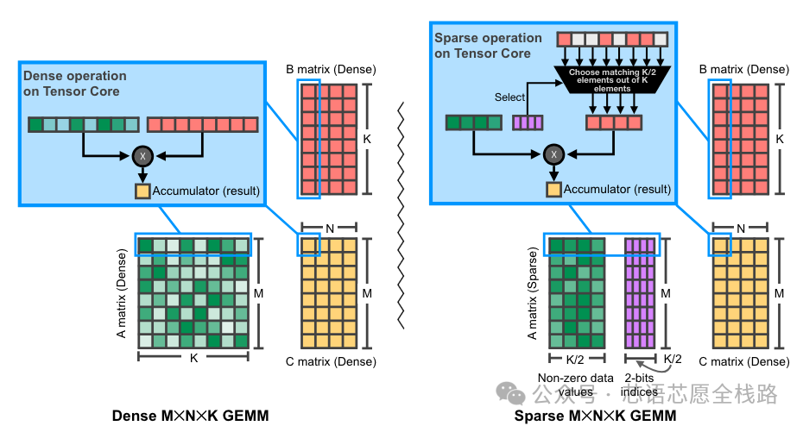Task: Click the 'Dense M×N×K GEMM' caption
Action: click(190, 416)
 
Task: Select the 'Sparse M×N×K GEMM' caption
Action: click(595, 416)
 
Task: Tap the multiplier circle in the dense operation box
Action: click(142, 156)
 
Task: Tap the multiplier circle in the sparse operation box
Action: click(553, 155)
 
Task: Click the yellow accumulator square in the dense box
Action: click(142, 191)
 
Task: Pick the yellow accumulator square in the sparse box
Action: click(553, 190)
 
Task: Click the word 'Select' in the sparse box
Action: click(509, 97)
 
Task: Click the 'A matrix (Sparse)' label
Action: click(531, 293)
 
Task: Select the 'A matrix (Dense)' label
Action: click(121, 293)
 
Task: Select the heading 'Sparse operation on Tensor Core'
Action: click(488, 46)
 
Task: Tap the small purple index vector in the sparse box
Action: click(528, 123)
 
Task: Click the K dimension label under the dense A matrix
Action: click(193, 356)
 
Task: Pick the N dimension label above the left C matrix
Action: click(329, 229)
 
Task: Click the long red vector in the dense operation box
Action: click(202, 124)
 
